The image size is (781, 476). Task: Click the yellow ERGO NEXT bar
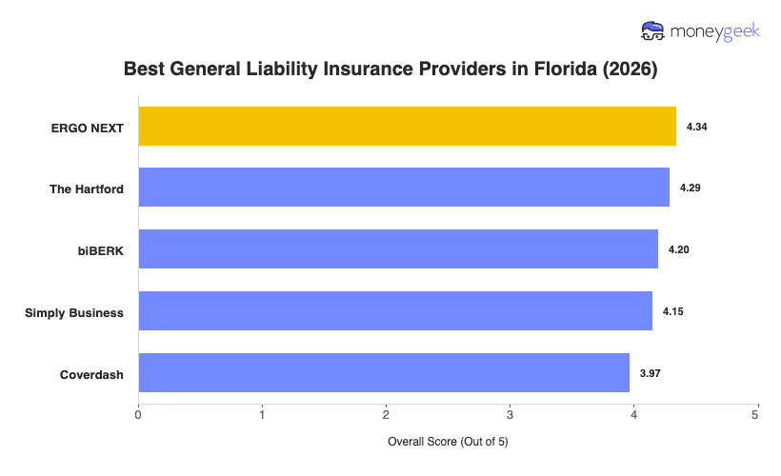click(407, 126)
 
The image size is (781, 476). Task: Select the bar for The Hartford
click(404, 188)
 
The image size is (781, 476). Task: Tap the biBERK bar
click(398, 249)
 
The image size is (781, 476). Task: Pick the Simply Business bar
click(395, 311)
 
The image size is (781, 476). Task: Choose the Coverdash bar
click(384, 373)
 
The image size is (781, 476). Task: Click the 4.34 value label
click(696, 127)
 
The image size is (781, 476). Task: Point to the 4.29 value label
click(690, 188)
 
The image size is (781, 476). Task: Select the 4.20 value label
click(678, 249)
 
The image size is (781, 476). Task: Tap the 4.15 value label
click(672, 311)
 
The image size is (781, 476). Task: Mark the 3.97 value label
click(650, 373)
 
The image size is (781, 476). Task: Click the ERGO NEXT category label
click(89, 127)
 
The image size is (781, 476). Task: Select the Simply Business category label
click(74, 311)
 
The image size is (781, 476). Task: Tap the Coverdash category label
click(91, 373)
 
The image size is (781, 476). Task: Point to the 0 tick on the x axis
click(139, 414)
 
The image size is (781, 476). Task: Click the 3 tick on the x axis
click(510, 414)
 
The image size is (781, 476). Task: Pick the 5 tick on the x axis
click(756, 414)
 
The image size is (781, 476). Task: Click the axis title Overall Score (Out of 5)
click(449, 443)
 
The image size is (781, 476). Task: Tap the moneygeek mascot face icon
click(653, 31)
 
